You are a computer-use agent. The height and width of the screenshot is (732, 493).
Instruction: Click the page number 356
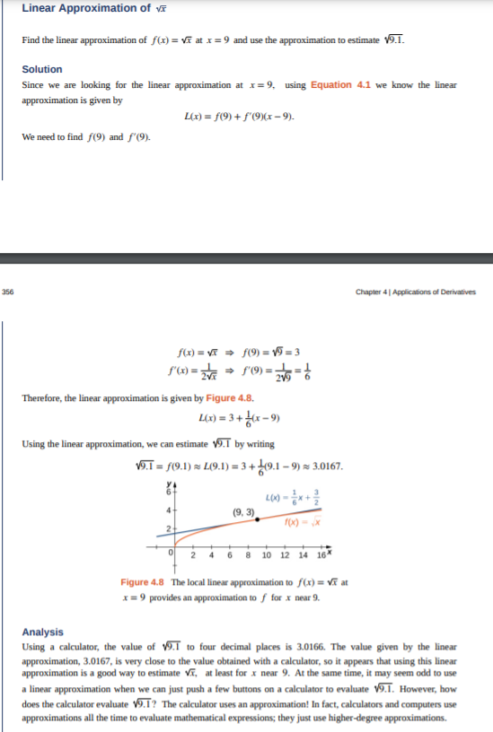click(x=8, y=291)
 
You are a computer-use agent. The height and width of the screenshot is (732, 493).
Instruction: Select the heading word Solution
click(x=42, y=69)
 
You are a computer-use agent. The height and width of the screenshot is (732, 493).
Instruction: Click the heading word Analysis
click(x=42, y=632)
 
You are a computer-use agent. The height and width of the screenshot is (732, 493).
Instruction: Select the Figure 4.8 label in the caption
click(x=143, y=583)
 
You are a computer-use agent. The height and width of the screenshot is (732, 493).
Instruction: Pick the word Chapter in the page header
click(x=370, y=292)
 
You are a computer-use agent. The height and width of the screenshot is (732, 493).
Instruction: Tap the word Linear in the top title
click(x=40, y=8)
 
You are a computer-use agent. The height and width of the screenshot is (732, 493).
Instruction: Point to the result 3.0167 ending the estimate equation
click(x=325, y=466)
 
